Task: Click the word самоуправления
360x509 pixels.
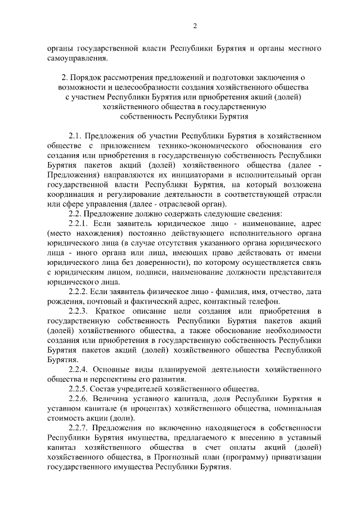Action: (76, 58)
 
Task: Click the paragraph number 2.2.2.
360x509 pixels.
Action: (79, 291)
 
